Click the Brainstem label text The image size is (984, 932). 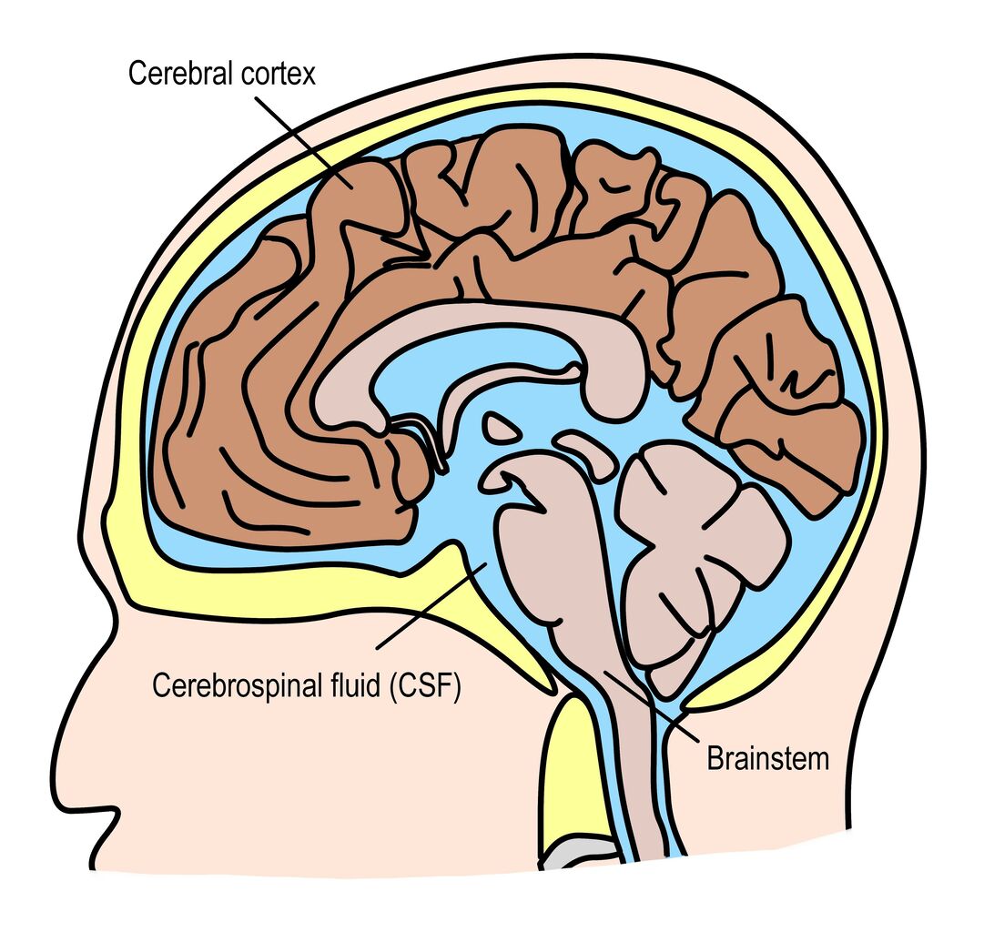click(768, 759)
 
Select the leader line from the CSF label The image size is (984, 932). click(431, 605)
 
